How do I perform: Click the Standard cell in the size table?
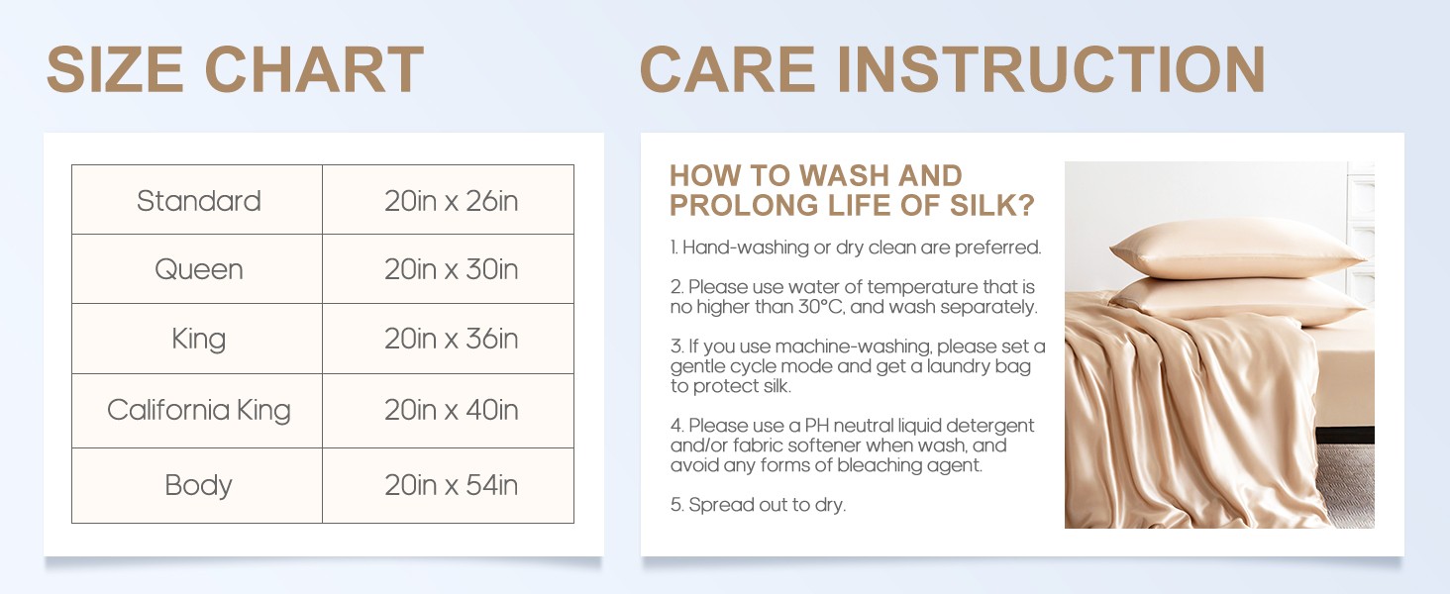click(x=197, y=200)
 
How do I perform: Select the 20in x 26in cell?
click(x=449, y=200)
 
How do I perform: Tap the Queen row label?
click(x=197, y=269)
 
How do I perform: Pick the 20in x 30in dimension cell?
click(x=449, y=269)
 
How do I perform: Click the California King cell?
click(x=197, y=410)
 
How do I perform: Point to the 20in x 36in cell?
click(x=449, y=339)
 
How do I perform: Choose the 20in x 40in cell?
click(x=449, y=410)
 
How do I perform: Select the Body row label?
click(x=197, y=485)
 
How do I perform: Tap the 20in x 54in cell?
click(x=449, y=485)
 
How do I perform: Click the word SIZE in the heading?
click(x=115, y=69)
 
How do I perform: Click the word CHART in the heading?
click(x=315, y=69)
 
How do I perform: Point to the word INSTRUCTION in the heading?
click(x=1051, y=69)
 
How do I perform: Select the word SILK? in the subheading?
click(x=992, y=205)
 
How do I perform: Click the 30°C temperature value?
click(x=821, y=307)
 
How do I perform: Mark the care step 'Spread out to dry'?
click(x=758, y=505)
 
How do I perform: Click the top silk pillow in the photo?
click(x=1238, y=249)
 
